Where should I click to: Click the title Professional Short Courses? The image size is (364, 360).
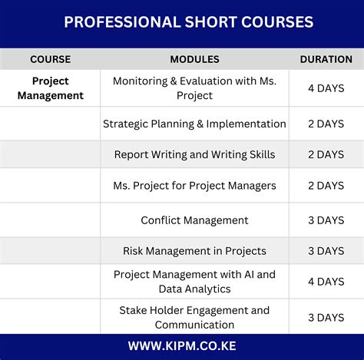click(x=188, y=22)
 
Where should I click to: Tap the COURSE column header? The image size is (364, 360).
click(x=50, y=59)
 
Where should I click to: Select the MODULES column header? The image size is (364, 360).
click(x=194, y=59)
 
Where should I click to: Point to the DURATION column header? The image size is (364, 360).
click(x=326, y=59)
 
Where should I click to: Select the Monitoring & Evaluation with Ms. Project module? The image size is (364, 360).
click(x=194, y=88)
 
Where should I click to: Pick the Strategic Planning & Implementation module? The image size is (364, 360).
click(x=194, y=124)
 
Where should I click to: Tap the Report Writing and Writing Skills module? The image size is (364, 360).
click(x=194, y=154)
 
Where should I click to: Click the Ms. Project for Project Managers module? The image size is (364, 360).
click(x=194, y=185)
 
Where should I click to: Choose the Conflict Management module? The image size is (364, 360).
click(x=194, y=220)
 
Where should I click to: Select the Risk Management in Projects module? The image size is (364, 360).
click(x=194, y=250)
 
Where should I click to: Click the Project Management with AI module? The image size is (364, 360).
click(x=194, y=281)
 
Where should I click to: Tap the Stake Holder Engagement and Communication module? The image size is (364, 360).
click(x=194, y=317)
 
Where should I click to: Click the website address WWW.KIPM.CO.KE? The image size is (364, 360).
click(x=182, y=347)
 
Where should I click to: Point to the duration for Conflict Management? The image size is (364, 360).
click(x=326, y=220)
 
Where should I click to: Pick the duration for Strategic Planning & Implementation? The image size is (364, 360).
click(x=326, y=124)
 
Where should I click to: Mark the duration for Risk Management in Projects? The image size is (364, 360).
click(x=326, y=250)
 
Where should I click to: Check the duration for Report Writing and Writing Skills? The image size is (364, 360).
click(x=326, y=154)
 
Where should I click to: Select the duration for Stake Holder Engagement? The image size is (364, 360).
click(x=326, y=317)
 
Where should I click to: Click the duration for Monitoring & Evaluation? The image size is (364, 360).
click(x=326, y=88)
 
